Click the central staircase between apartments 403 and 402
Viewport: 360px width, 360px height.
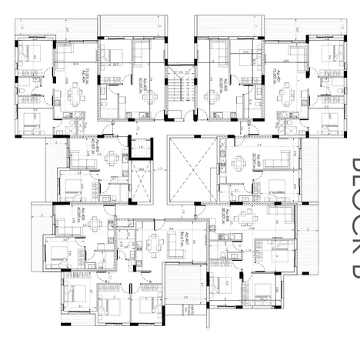click(180, 92)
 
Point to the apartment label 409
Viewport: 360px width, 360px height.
click(252, 163)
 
